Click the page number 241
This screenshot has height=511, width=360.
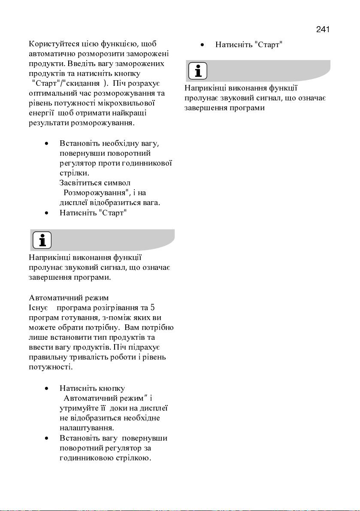point(322,29)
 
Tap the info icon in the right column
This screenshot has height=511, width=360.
point(197,70)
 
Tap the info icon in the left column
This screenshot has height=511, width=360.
point(42,240)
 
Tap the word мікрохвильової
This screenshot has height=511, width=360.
point(127,103)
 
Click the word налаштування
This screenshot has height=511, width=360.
point(87,428)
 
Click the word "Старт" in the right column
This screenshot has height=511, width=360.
point(268,45)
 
